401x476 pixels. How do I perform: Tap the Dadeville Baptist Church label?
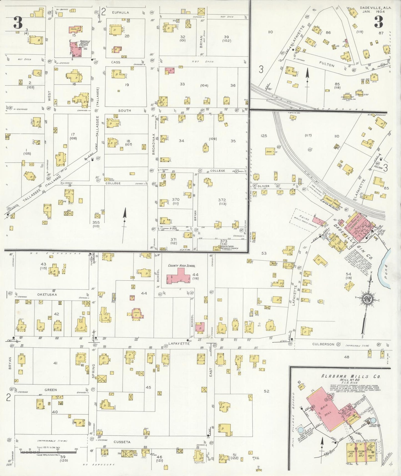(85, 43)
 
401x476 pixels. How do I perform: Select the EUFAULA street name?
(120, 12)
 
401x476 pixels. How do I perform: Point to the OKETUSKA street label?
(47, 294)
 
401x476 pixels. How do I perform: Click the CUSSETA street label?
(122, 442)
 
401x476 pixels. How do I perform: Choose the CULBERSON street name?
(323, 344)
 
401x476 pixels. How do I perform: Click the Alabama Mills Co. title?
(351, 376)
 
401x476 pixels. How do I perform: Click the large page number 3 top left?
(18, 23)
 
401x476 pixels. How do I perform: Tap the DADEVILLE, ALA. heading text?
(376, 8)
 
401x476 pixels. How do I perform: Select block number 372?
(222, 200)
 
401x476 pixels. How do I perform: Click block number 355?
(96, 222)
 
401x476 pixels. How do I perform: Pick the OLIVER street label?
(263, 186)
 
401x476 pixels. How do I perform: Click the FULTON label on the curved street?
(327, 64)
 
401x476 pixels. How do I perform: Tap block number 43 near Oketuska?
(43, 264)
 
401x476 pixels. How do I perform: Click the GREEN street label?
(51, 390)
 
